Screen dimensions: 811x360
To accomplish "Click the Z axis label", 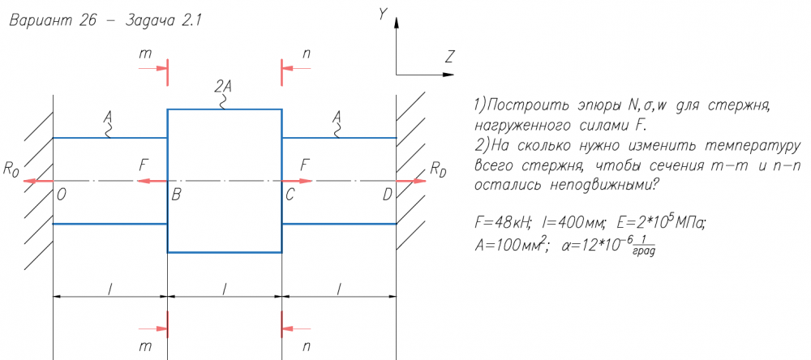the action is [448, 56].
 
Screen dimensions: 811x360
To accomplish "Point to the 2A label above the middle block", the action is [224, 85].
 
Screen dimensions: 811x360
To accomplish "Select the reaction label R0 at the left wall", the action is [11, 169].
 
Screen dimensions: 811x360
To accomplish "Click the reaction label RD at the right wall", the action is [438, 169].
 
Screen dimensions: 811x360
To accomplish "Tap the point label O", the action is [62, 195].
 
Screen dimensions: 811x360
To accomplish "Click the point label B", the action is [176, 195].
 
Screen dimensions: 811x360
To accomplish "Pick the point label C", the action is [290, 195].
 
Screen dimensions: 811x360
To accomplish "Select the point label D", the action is [387, 195].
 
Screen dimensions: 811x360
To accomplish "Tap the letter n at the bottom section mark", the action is [306, 346].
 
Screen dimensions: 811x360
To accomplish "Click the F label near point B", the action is [144, 165].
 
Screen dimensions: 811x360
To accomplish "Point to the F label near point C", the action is [306, 165].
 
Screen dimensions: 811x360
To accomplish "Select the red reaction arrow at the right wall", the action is [411, 181].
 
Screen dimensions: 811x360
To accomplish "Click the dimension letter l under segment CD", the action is [339, 289].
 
